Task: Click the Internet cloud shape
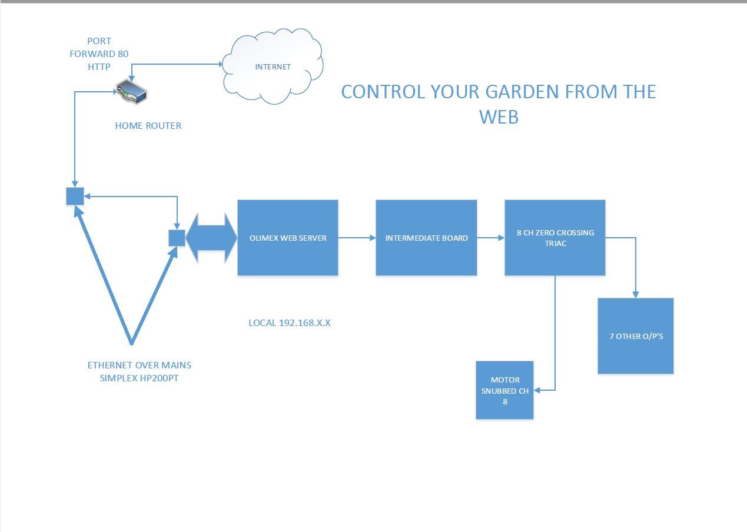click(273, 66)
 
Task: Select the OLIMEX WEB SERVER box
click(288, 238)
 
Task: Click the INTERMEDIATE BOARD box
click(426, 238)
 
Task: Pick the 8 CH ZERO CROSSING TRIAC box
click(555, 238)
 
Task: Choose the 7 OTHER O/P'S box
click(636, 336)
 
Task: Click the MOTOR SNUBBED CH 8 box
click(504, 390)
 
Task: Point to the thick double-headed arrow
click(211, 238)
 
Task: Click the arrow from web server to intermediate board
click(357, 238)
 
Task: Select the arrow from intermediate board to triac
click(490, 238)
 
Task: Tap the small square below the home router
click(75, 196)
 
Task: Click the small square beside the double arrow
click(177, 238)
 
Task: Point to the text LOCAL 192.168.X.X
click(289, 322)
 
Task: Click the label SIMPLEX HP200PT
click(139, 378)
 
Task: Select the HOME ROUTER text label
click(148, 125)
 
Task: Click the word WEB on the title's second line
click(499, 117)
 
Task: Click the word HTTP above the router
click(99, 66)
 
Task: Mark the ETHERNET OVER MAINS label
click(139, 365)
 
